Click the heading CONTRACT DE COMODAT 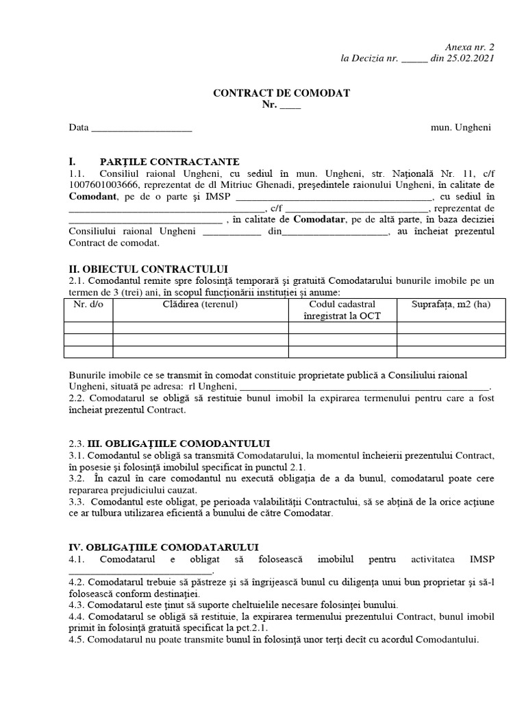[x=281, y=93]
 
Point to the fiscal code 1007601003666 [x=103, y=185]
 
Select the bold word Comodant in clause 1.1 [x=92, y=197]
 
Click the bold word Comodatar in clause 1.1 [x=320, y=219]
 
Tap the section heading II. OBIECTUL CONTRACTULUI [x=149, y=268]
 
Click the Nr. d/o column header [x=88, y=304]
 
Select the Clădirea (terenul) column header [x=200, y=304]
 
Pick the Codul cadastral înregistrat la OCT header [x=342, y=310]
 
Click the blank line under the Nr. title [x=290, y=106]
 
